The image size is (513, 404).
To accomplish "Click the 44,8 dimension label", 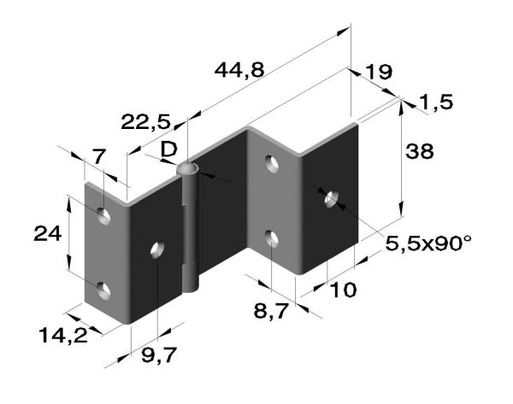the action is [x=239, y=70].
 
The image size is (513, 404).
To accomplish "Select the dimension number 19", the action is [x=378, y=72].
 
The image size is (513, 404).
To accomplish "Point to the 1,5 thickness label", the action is [x=436, y=102].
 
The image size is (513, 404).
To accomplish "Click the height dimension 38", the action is [x=420, y=151].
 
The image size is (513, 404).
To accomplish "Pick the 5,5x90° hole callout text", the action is [x=428, y=243].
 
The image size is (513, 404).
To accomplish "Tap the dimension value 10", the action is [x=343, y=290].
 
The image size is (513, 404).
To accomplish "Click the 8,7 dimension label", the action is [x=270, y=311].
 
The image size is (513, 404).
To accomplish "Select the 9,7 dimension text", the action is [x=159, y=354].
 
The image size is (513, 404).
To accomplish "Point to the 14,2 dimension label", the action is [x=63, y=335].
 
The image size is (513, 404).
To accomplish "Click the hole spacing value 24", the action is [x=48, y=234].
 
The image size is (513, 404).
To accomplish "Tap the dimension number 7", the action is [x=99, y=157].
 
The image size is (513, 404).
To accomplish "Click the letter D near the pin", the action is [x=168, y=149].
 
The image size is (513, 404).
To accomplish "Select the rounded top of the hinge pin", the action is [x=187, y=168].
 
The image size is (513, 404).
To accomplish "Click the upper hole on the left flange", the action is [x=104, y=216].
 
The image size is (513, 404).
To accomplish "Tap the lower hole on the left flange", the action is [x=104, y=291].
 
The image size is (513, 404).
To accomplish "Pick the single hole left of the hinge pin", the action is [x=157, y=250].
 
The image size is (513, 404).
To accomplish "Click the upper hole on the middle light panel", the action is [x=272, y=164].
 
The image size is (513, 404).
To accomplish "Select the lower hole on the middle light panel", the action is [x=272, y=238].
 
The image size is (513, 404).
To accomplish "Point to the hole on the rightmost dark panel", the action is [x=332, y=199].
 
